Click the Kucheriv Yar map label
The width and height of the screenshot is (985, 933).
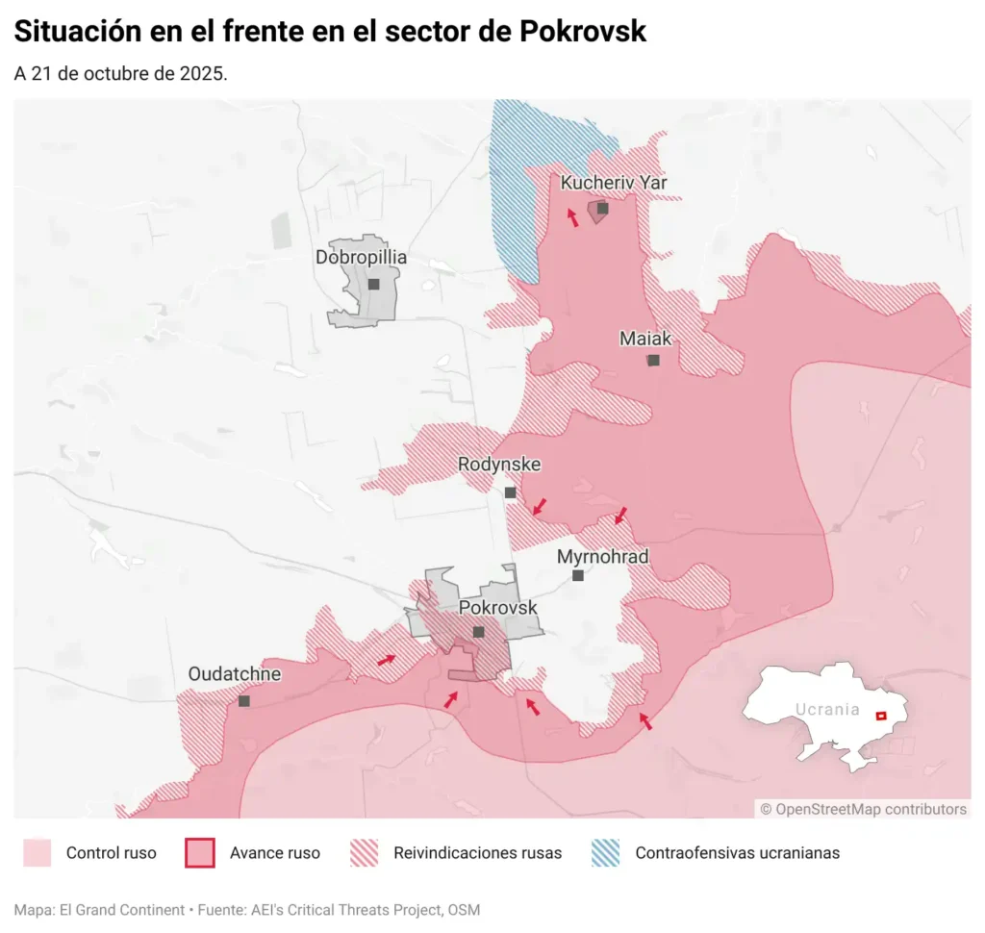point(613,183)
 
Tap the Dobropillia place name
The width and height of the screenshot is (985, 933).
point(361,258)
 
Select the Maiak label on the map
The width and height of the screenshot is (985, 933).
point(645,339)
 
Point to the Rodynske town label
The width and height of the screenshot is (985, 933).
point(498,466)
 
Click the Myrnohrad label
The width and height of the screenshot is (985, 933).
point(602,557)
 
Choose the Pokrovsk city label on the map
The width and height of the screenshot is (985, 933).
point(497,608)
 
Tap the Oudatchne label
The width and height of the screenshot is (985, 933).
point(235,674)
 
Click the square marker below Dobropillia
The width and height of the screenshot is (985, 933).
point(373,285)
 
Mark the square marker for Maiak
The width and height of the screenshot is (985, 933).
point(653,361)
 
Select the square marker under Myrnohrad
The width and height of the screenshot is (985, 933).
point(577,576)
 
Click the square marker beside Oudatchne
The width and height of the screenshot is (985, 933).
point(243,701)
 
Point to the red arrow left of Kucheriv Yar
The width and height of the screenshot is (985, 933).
point(572,217)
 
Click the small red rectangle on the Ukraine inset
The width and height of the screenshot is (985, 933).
point(879,716)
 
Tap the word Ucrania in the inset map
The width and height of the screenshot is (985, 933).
point(826,710)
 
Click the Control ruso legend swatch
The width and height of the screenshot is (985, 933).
point(37,853)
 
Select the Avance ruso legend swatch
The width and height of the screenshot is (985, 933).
point(199,853)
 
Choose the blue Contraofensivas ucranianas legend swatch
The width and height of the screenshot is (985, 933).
point(605,853)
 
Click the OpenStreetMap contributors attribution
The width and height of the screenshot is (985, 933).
point(863,809)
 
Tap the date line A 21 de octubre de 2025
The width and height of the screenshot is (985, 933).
point(120,74)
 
